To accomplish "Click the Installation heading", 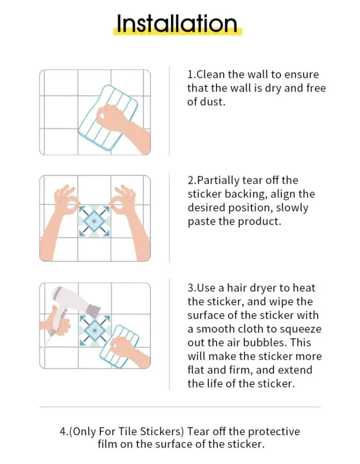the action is (177, 24).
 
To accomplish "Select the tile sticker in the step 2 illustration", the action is (94, 221).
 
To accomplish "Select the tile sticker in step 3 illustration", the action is (94, 331).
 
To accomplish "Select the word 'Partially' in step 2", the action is (218, 180).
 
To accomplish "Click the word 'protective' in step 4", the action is (274, 432).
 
